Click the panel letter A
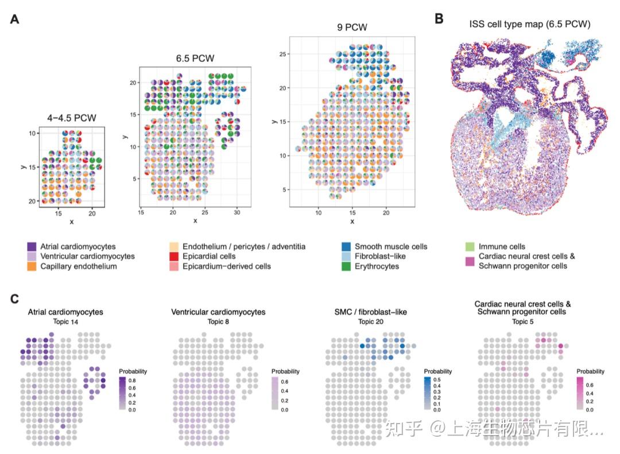click(x=15, y=19)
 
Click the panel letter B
click(x=439, y=18)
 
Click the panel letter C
click(x=15, y=299)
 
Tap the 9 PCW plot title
click(x=352, y=27)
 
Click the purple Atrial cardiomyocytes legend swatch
click(x=32, y=247)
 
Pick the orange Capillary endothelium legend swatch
click(x=32, y=266)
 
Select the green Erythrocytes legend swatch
click(x=346, y=266)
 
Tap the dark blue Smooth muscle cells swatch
click(x=346, y=247)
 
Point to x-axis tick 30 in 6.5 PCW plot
click(x=237, y=212)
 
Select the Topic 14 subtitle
click(x=65, y=321)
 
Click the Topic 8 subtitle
click(x=218, y=321)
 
